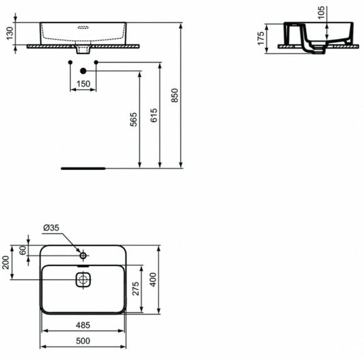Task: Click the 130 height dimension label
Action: tap(8, 33)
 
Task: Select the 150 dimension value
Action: tap(83, 84)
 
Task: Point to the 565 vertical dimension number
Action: tap(133, 120)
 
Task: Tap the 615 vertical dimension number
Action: tap(154, 115)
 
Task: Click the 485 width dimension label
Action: tap(83, 326)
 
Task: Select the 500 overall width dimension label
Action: tap(83, 341)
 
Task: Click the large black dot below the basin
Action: tap(83, 71)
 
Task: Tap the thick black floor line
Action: tap(83, 168)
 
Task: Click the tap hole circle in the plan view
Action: tap(83, 255)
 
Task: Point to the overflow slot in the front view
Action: tap(83, 28)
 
